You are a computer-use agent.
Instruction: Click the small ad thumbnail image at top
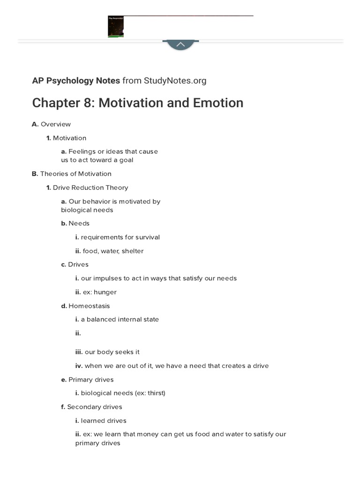[116, 26]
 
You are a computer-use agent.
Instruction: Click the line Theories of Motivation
[75, 174]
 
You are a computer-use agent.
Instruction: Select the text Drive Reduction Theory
[90, 187]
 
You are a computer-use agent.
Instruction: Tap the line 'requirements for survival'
[120, 237]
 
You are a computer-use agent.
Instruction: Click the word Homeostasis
[89, 306]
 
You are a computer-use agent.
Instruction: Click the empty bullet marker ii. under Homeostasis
[78, 333]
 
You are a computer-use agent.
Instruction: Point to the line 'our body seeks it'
[112, 352]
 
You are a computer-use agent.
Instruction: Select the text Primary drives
[91, 380]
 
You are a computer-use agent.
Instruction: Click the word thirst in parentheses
[155, 393]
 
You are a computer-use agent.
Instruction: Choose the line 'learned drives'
[104, 421]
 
